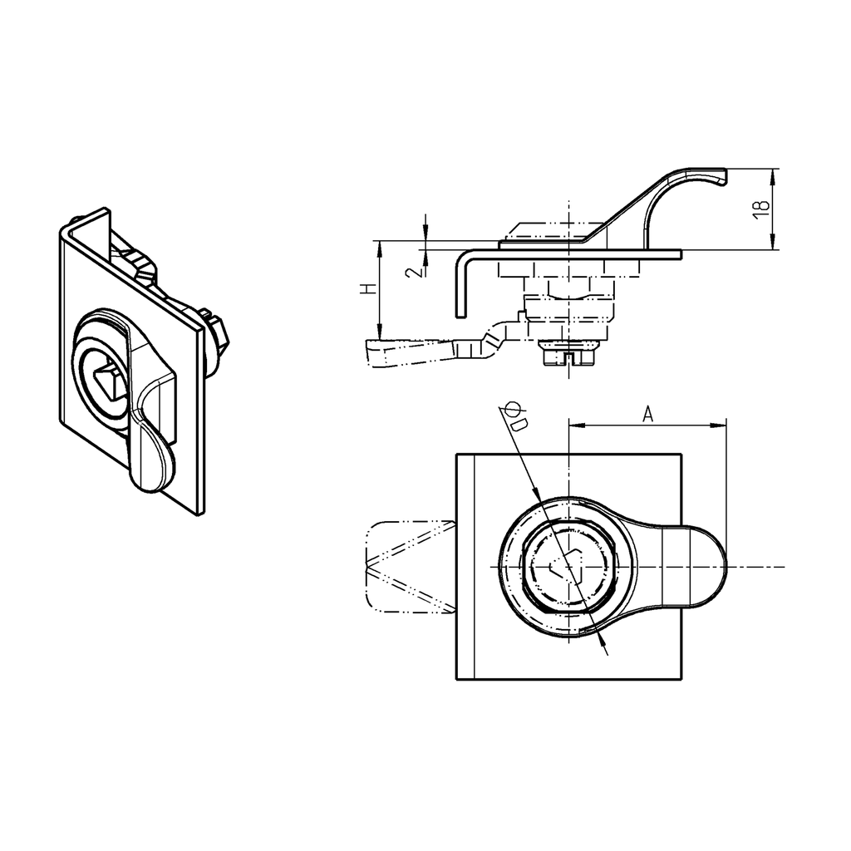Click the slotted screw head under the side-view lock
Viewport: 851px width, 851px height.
point(567,355)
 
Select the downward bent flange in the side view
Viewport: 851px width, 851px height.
point(460,287)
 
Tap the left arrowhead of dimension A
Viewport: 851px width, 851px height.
point(573,426)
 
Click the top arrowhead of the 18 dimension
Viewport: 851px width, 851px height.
point(773,175)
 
